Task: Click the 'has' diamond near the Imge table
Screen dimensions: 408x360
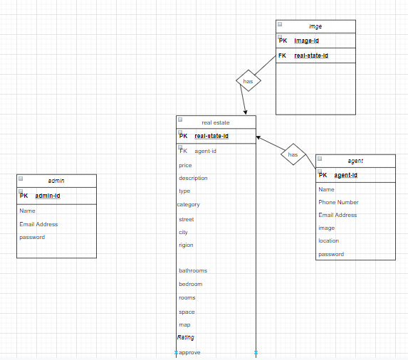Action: coord(249,81)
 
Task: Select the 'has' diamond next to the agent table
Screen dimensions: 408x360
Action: coord(293,154)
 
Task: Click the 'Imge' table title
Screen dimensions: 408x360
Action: coord(315,26)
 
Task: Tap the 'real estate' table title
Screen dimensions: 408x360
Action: coord(216,122)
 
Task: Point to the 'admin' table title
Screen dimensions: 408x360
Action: coord(56,181)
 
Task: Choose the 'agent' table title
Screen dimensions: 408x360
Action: coord(355,161)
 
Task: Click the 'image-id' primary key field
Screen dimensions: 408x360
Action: coord(306,41)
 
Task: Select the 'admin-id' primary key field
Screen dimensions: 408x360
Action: coord(48,196)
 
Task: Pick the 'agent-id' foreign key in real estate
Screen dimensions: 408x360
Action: coord(205,151)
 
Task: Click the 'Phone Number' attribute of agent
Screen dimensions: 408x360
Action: coord(338,202)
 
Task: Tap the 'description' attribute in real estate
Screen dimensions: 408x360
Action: coord(193,178)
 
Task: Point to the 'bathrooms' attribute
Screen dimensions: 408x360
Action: coord(193,270)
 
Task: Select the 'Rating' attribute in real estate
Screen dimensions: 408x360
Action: coord(186,337)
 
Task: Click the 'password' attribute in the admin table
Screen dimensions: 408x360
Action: coord(32,238)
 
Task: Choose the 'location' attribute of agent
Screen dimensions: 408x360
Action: coord(329,240)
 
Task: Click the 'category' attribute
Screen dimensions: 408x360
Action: coord(189,205)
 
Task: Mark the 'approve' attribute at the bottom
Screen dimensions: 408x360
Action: coord(189,353)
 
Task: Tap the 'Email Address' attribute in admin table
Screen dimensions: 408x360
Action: coord(38,224)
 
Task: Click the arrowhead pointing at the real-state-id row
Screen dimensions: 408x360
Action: coord(258,137)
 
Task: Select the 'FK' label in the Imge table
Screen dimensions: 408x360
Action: coord(282,55)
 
